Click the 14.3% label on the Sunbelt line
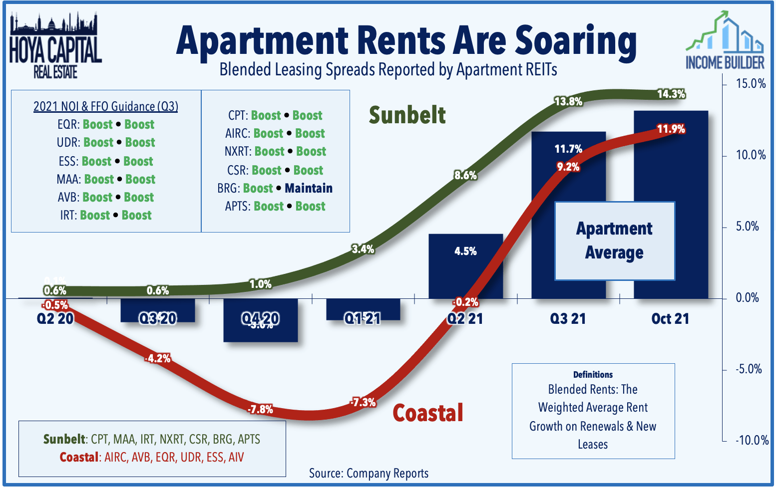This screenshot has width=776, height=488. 671,94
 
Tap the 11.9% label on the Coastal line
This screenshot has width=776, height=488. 671,129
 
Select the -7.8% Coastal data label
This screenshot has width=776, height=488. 260,409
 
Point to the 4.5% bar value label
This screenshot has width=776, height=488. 465,251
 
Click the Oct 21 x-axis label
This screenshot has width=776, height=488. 670,319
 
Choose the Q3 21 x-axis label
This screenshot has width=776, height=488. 568,319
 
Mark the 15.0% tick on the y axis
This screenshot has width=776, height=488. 751,84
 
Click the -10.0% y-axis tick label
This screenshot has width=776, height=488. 752,440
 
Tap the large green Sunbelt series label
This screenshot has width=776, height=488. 407,115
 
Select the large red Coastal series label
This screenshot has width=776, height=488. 428,413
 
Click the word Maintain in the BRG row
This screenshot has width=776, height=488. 309,188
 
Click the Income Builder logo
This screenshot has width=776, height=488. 725,42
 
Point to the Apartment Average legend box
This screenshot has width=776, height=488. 614,241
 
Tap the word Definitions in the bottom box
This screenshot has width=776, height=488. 593,374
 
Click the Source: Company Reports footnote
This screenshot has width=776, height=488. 369,473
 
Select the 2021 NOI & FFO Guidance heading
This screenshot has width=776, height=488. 105,106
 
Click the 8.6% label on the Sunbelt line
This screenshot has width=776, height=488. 465,175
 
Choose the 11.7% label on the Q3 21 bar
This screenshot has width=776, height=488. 568,149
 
